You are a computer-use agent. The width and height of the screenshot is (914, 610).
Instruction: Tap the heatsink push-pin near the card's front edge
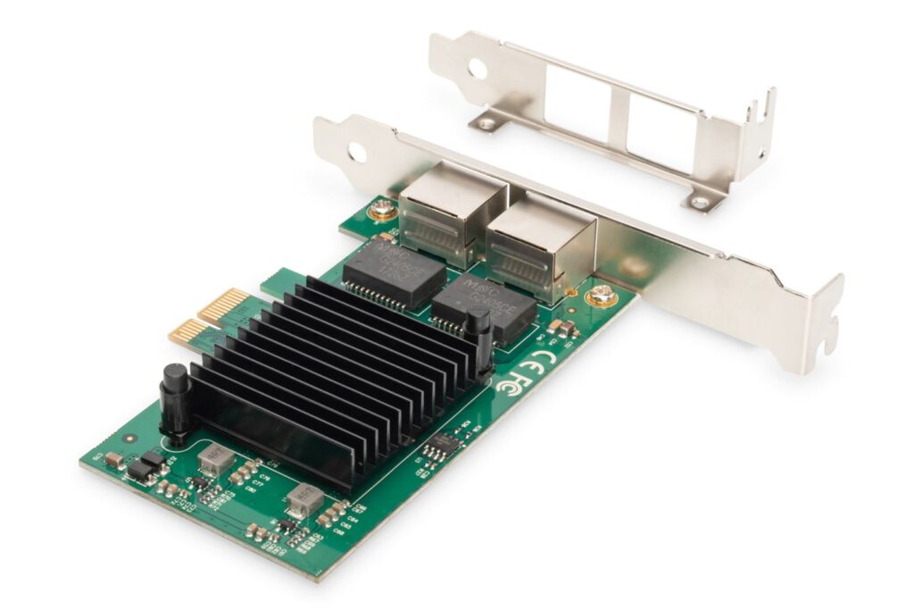pos(174,402)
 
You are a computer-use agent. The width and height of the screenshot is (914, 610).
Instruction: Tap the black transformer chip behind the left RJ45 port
pos(393,270)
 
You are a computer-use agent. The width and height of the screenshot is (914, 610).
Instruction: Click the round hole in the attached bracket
pos(357,153)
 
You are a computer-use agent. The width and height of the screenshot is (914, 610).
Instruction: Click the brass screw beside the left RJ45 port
pos(384,212)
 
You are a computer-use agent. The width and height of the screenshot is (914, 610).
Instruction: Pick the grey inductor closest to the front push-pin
pos(214,459)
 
